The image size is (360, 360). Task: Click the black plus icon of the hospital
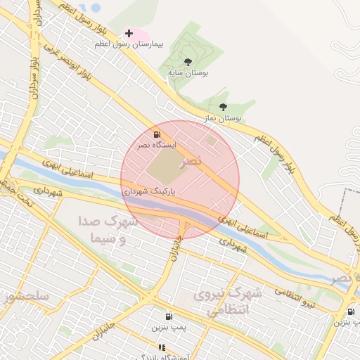129,33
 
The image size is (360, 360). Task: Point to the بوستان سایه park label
188,72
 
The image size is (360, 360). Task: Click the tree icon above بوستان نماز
223,108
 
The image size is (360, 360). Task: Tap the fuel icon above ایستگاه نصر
156,134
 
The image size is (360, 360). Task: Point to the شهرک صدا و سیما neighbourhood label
108,230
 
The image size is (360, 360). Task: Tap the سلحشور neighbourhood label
27,296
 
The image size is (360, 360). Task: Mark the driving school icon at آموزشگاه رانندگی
162,347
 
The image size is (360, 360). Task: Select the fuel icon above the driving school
169,316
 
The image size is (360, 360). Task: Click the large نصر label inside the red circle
191,161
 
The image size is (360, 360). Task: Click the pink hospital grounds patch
139,34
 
